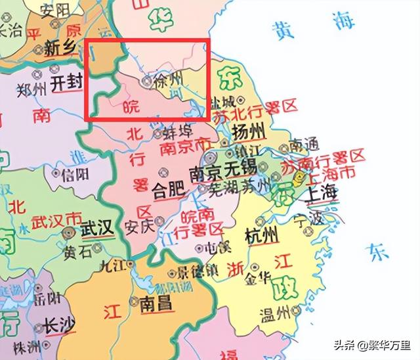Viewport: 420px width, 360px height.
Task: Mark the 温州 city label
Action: click(x=275, y=311)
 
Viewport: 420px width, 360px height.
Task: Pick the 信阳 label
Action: click(x=73, y=175)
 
